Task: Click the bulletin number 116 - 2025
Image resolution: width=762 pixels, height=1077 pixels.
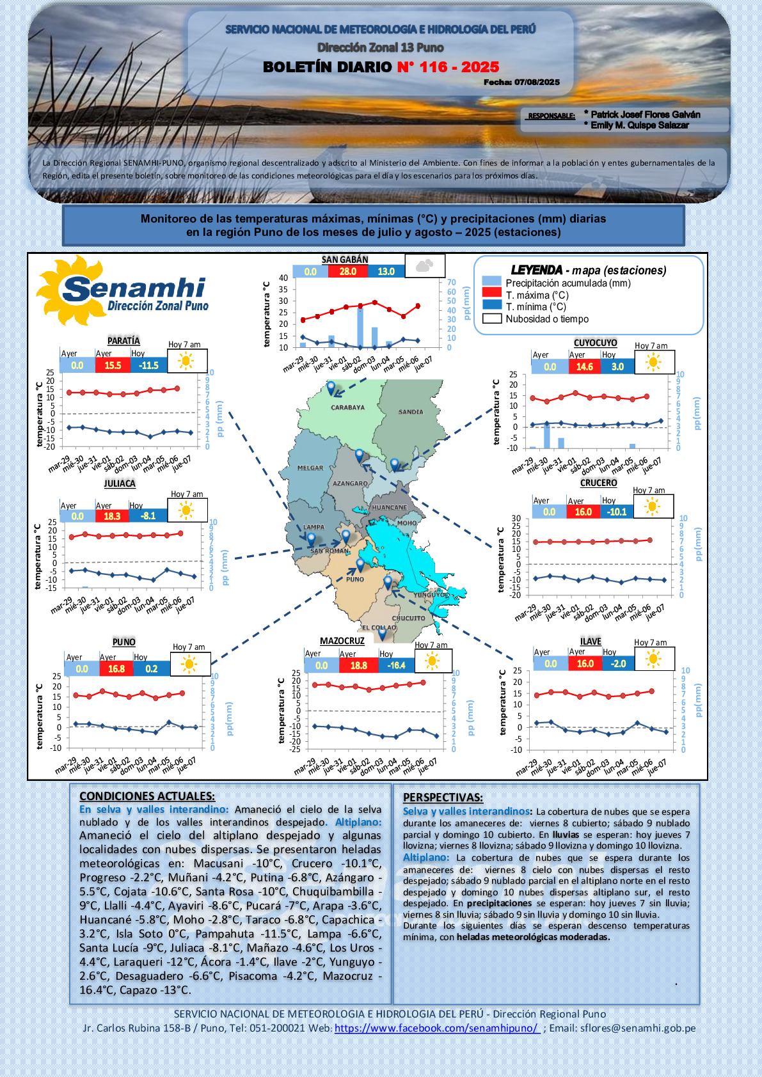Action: click(448, 67)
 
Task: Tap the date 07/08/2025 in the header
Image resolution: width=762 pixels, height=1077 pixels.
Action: click(537, 83)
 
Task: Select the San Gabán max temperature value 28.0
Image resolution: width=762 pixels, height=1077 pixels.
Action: click(348, 271)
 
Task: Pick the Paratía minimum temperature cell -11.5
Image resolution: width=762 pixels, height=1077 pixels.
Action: click(149, 365)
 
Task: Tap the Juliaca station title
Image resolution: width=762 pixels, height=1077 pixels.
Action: click(120, 483)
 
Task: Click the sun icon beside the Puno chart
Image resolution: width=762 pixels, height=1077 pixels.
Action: click(189, 664)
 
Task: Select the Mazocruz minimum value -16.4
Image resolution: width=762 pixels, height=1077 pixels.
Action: click(396, 665)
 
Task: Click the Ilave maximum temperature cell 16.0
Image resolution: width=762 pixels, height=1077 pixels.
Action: click(585, 664)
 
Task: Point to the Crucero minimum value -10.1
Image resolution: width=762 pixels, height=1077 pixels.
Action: click(617, 512)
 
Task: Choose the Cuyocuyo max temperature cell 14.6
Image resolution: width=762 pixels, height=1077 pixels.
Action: click(584, 367)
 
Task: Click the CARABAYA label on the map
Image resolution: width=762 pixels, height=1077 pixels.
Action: click(347, 407)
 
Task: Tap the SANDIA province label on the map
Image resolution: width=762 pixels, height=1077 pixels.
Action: click(411, 412)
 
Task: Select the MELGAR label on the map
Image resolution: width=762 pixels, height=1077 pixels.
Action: click(310, 468)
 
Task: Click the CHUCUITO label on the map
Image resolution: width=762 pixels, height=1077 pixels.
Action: click(408, 618)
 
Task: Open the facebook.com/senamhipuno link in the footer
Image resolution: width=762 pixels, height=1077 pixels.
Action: click(437, 1028)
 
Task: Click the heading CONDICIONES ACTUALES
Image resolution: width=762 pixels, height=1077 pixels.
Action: click(147, 796)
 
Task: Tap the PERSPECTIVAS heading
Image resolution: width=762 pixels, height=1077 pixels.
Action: click(443, 798)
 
